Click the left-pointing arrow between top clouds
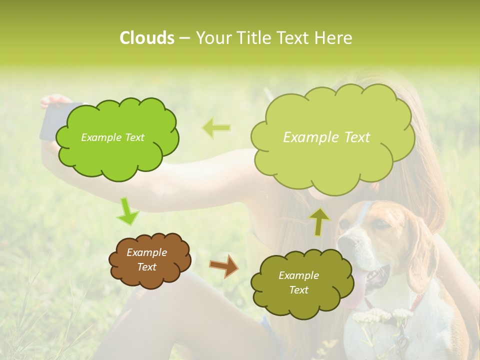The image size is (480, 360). tap(216, 127)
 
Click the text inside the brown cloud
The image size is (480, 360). tap(147, 259)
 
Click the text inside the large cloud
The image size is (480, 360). tap(326, 137)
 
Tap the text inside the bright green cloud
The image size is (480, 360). tap(112, 137)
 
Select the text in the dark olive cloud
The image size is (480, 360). tap(298, 282)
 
